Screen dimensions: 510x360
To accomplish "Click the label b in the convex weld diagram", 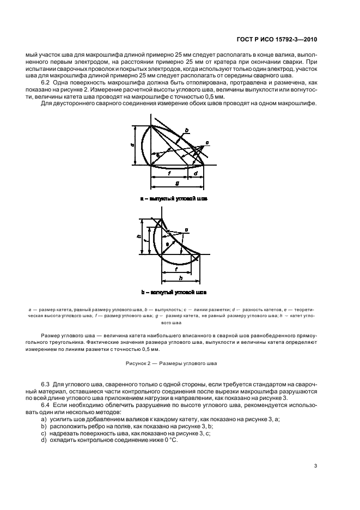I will click(187, 130).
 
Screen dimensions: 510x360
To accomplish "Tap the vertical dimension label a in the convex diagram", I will click(133, 145).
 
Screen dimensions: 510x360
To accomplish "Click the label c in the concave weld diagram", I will click(186, 230).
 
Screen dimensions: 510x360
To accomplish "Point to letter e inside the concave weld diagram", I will click(167, 244).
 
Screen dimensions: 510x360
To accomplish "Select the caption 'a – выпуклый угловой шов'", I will click(173, 199).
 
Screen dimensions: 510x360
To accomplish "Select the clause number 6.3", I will click(47, 386).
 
